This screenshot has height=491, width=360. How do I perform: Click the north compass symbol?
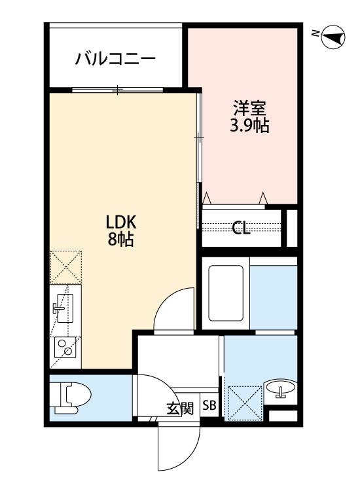[x=333, y=37]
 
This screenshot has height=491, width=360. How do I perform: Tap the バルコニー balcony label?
[x=115, y=58]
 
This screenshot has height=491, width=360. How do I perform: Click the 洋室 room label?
[x=249, y=108]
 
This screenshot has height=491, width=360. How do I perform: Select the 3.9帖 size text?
[x=249, y=126]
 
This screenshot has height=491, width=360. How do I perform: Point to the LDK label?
[x=121, y=223]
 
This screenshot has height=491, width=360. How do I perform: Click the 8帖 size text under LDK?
[x=121, y=240]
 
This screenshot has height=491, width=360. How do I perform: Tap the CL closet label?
[x=241, y=228]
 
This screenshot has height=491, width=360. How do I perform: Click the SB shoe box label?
[x=209, y=405]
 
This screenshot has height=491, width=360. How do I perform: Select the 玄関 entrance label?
[x=180, y=409]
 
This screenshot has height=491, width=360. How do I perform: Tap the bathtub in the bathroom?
[x=226, y=293]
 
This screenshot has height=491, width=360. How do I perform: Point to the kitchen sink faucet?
[x=58, y=308]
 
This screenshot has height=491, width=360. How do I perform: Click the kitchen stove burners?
[x=65, y=347]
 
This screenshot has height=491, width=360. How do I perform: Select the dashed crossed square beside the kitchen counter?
[x=65, y=267]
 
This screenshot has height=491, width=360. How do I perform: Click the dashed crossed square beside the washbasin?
[x=245, y=403]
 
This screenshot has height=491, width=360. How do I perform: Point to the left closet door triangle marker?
[x=207, y=198]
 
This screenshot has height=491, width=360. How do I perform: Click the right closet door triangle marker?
[x=263, y=198]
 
